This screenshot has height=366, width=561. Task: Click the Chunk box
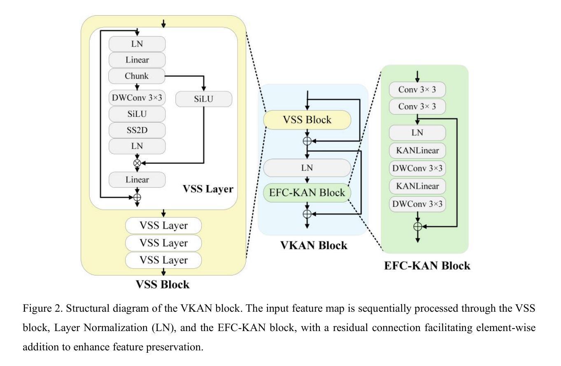pos(137,76)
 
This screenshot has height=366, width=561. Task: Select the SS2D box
pos(137,130)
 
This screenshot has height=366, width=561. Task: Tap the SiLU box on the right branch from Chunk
pos(204,99)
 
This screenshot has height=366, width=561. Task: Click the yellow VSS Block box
pos(307,120)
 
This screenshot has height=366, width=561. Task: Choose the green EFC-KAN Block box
pos(307,193)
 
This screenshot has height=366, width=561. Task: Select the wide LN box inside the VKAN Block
pos(307,168)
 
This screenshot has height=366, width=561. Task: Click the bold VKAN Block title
pos(314,246)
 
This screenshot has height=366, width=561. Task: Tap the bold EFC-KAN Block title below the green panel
pos(427,266)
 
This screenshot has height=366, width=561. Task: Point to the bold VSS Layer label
pos(208,189)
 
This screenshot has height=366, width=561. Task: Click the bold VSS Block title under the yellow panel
pos(163,284)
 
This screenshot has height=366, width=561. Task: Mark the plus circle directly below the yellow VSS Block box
pos(307,141)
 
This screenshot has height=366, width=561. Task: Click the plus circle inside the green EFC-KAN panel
pos(418,226)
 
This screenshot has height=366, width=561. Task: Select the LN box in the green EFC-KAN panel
pos(418,133)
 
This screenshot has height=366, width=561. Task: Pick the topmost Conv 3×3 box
pos(418,90)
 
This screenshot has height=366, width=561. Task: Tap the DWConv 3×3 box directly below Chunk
pos(137,99)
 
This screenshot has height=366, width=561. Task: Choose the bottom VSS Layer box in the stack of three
pos(163,260)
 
